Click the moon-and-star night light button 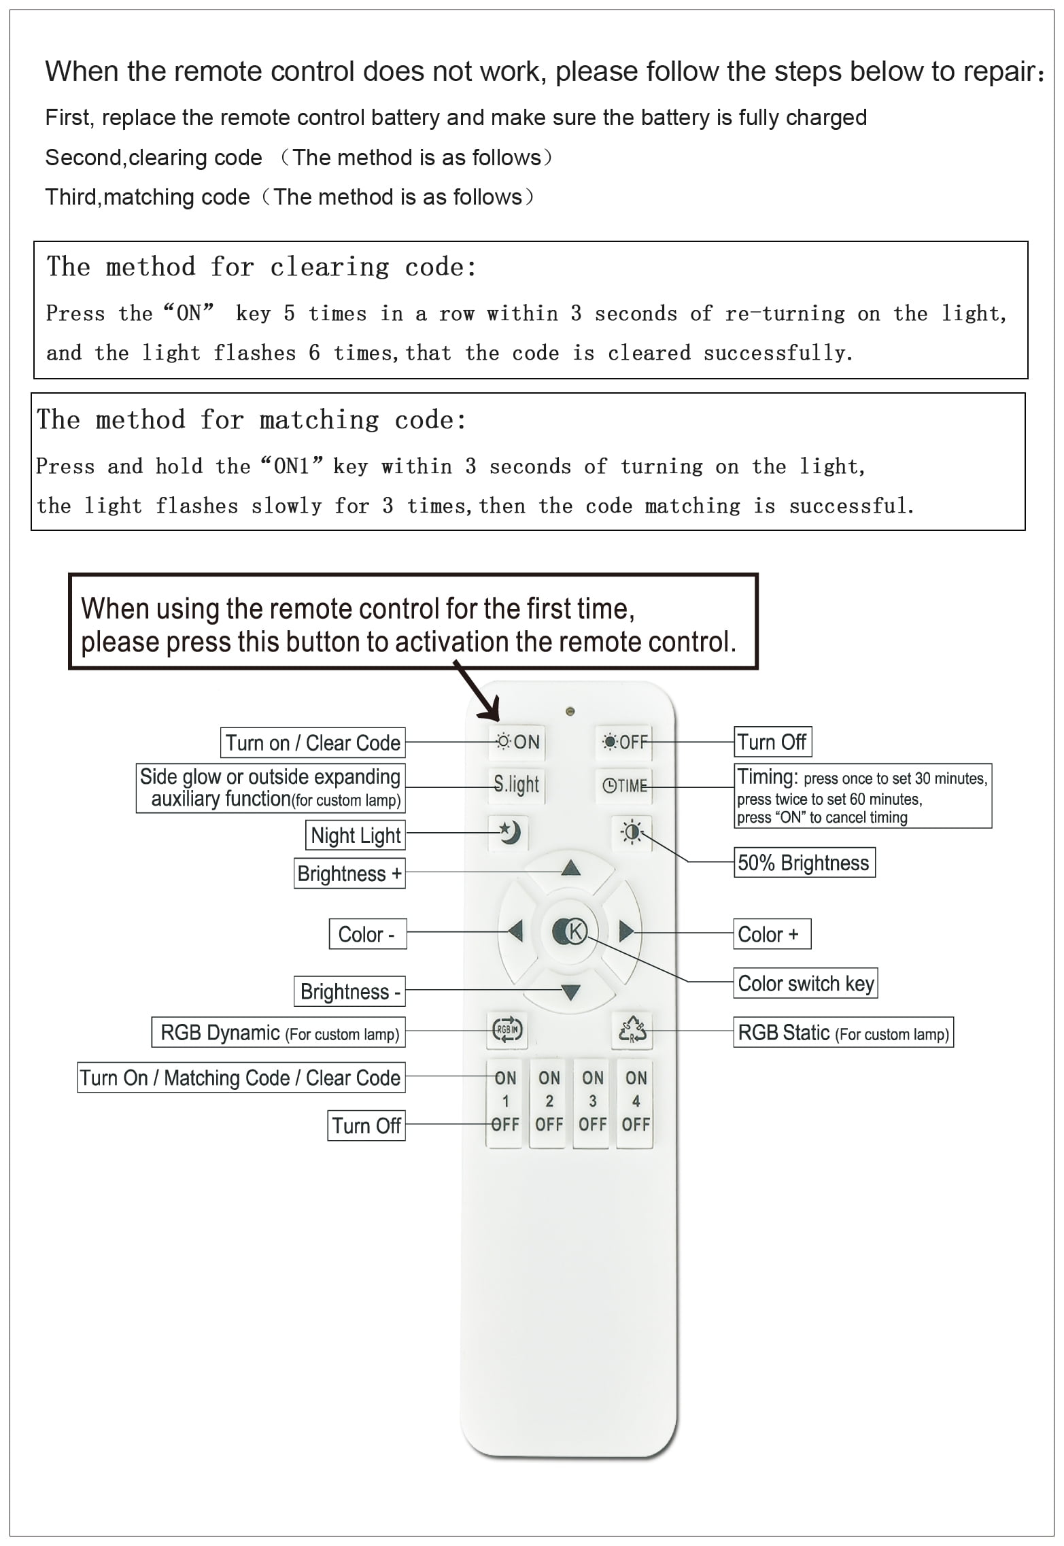coord(509,832)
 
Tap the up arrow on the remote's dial coord(570,868)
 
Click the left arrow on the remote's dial coord(515,931)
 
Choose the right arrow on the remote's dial coord(625,931)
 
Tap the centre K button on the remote coord(570,931)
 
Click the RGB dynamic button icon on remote coord(507,1030)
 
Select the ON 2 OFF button coord(549,1101)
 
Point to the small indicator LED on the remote coord(570,711)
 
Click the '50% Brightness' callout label coord(804,863)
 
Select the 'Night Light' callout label coord(356,835)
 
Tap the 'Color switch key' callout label coord(806,984)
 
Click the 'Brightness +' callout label coord(349,874)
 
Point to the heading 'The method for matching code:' coord(252,420)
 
